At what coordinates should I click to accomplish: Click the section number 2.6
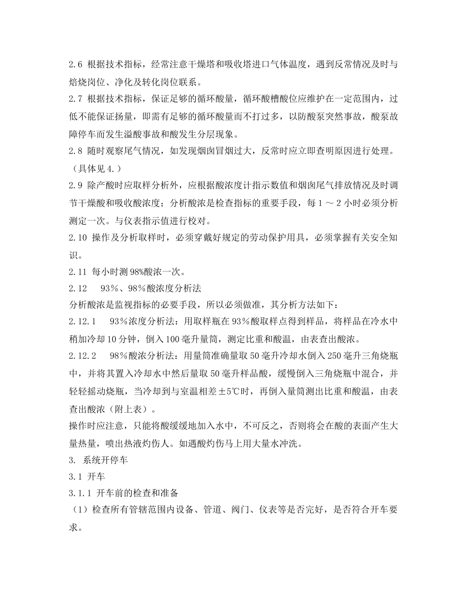click(76, 64)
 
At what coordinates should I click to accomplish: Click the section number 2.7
click(76, 99)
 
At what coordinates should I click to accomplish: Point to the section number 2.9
click(76, 185)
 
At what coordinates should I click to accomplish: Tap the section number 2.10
click(78, 237)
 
